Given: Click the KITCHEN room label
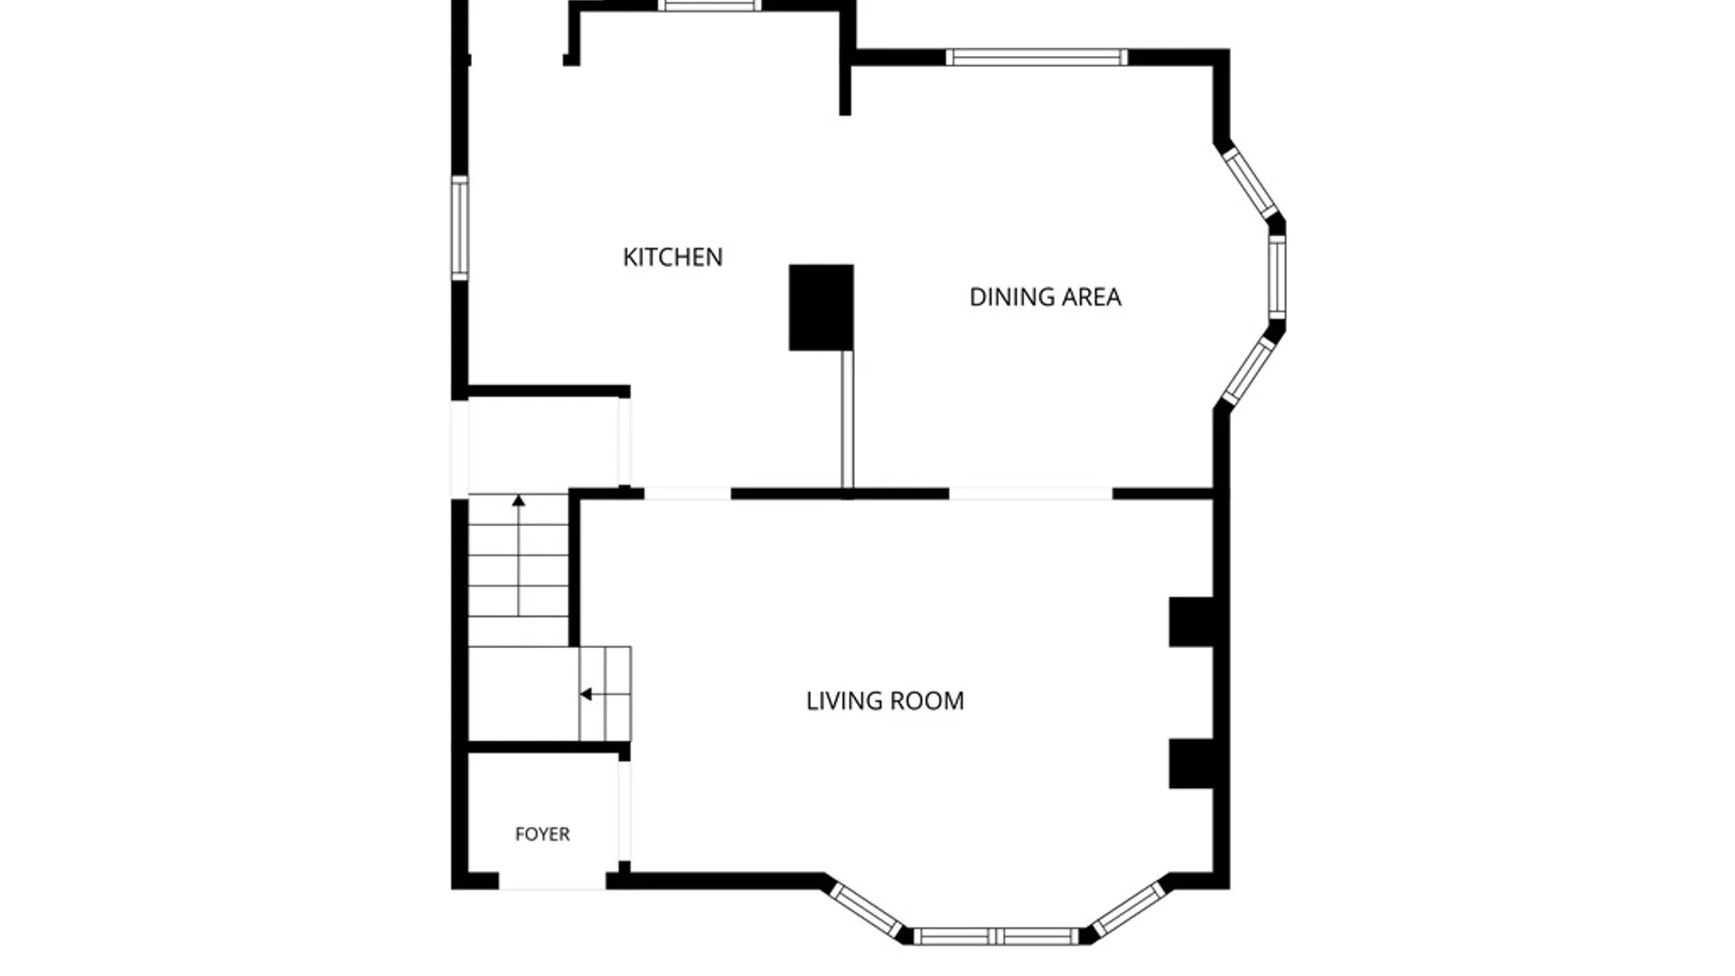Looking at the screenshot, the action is click(x=672, y=258).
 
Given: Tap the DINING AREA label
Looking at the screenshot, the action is click(x=1045, y=297).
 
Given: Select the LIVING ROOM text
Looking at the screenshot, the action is click(x=885, y=701).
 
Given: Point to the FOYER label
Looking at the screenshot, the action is click(x=542, y=834).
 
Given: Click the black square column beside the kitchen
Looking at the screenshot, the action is click(x=821, y=307).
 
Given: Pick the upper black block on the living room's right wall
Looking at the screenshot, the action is click(x=1191, y=622).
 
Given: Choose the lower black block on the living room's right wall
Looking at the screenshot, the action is click(x=1191, y=764).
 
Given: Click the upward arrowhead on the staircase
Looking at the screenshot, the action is click(x=519, y=500).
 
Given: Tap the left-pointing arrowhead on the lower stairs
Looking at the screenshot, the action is click(x=586, y=694).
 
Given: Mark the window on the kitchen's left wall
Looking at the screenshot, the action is click(x=460, y=228).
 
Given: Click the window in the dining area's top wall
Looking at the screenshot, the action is click(x=1036, y=57).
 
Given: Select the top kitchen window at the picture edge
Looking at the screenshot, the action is click(x=709, y=5).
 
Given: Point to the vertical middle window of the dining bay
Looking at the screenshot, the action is click(x=1277, y=277).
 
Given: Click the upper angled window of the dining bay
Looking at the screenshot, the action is click(x=1250, y=183).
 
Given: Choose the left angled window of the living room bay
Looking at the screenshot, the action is click(x=867, y=910).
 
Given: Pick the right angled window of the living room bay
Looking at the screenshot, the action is click(x=1128, y=909).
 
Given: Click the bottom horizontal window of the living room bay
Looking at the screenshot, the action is click(x=997, y=936).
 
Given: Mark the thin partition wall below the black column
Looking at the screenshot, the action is click(x=848, y=420).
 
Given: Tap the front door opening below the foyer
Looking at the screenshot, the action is click(x=552, y=881).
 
